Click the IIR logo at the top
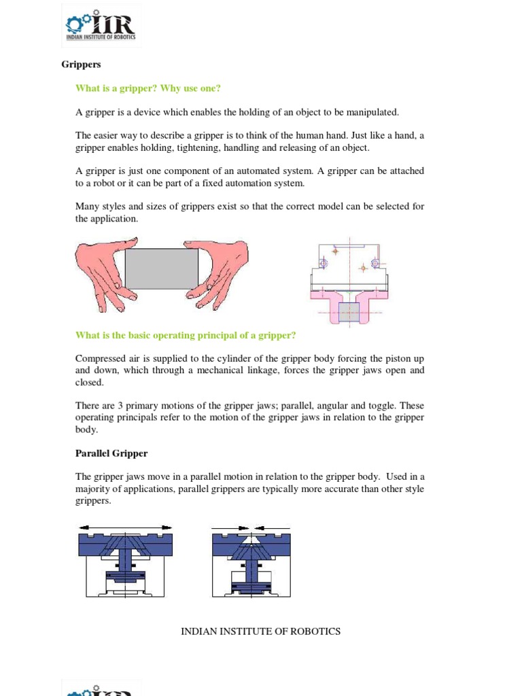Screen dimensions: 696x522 (101, 27)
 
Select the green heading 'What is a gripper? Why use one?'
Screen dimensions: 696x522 (148, 88)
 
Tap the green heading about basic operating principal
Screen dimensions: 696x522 (186, 335)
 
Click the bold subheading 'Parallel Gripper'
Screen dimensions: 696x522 (111, 453)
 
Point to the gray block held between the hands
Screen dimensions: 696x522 (161, 268)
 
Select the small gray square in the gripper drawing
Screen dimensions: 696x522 (349, 312)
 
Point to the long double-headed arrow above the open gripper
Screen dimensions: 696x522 (125, 527)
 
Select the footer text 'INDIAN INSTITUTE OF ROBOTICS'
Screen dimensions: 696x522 (260, 631)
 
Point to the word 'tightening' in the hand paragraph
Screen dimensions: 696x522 (194, 147)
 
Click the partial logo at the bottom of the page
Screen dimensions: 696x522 (101, 688)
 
